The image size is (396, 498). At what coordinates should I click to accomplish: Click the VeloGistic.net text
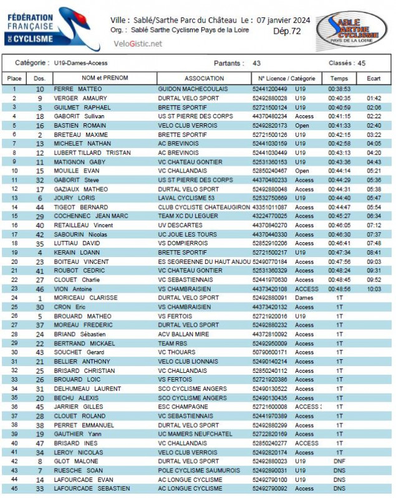tap(138, 44)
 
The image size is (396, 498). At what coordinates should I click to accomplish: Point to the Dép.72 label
tap(287, 31)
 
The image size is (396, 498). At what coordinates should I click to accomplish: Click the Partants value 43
tap(256, 63)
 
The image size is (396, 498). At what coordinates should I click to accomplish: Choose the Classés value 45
tap(361, 63)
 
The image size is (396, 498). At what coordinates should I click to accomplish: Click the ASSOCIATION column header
tap(204, 78)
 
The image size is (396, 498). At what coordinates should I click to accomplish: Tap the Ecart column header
tap(374, 78)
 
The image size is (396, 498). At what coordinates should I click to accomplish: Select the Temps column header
tap(339, 78)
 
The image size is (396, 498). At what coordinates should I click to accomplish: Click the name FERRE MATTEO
tap(77, 89)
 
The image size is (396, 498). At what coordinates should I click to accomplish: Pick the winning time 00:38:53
tap(339, 89)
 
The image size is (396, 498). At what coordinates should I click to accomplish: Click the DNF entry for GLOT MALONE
tap(339, 461)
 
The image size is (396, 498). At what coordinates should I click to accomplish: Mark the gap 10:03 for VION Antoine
tap(374, 289)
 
